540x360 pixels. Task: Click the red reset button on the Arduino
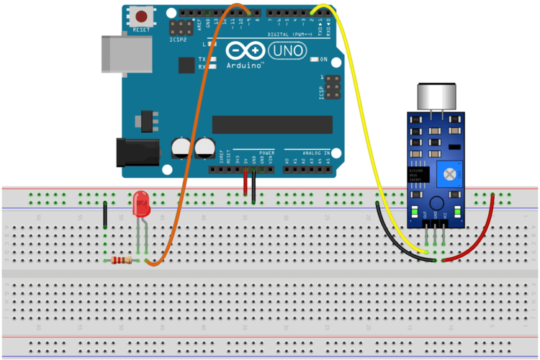pyautogui.click(x=143, y=16)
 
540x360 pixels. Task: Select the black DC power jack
pyautogui.click(x=138, y=152)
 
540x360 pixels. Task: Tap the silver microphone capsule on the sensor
pyautogui.click(x=438, y=96)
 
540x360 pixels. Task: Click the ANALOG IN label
pyautogui.click(x=316, y=153)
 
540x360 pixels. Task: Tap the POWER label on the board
pyautogui.click(x=266, y=153)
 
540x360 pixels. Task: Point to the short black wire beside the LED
pyautogui.click(x=105, y=215)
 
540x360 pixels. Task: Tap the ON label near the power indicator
pyautogui.click(x=323, y=59)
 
